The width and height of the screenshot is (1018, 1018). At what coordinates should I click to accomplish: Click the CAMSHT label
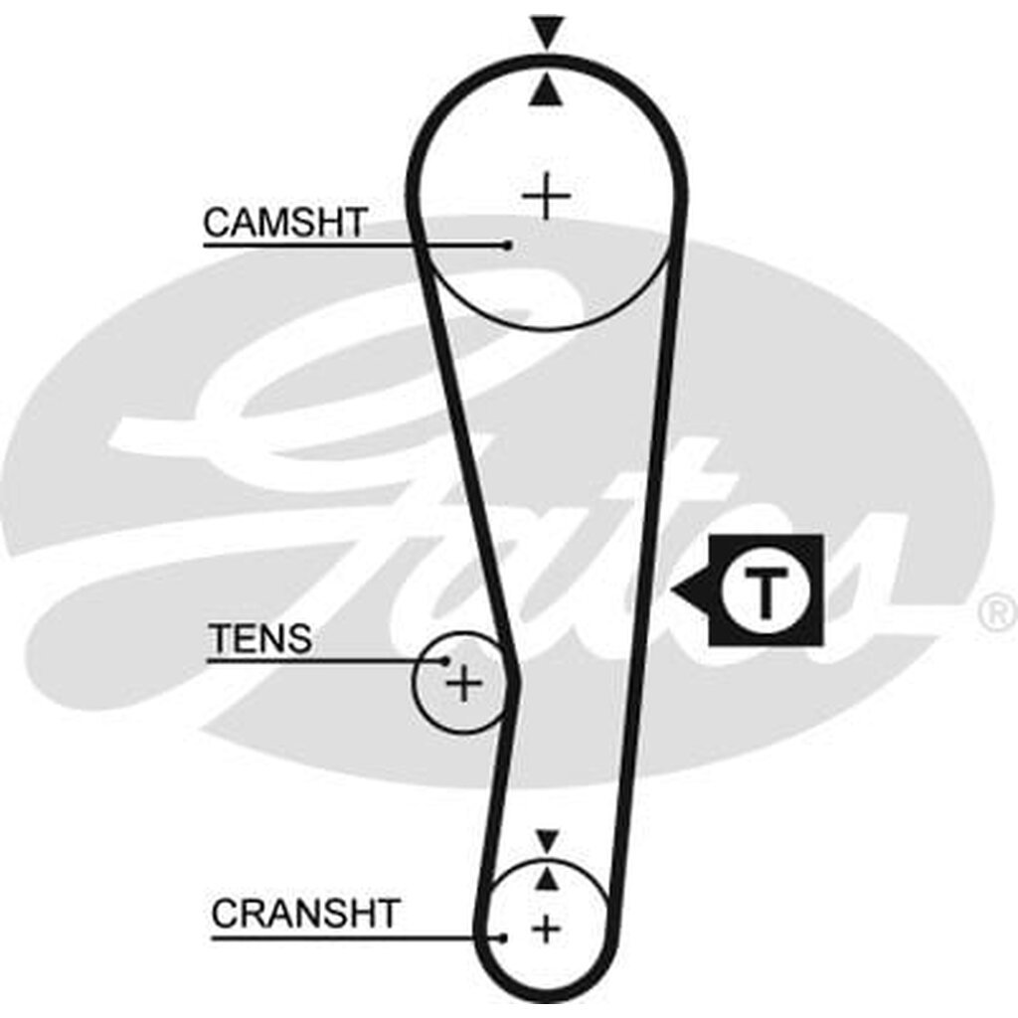coord(285,223)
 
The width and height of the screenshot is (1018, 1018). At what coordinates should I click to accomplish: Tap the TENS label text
coord(259,639)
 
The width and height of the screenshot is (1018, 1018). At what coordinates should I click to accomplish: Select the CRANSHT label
coord(305,913)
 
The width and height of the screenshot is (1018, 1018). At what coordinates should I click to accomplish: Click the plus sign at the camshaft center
coord(546,196)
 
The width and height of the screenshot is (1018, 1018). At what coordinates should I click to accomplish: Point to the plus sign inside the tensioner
coord(463,684)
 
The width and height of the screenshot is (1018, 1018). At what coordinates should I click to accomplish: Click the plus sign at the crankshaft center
coord(546,930)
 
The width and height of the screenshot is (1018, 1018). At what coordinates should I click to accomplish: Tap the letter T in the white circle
coord(764,592)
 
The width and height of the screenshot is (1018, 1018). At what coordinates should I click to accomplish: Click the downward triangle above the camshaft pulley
coord(546,31)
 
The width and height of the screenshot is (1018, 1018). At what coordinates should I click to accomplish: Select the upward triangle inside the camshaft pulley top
coord(546,92)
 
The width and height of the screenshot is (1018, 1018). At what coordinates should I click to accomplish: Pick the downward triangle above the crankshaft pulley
coord(546,841)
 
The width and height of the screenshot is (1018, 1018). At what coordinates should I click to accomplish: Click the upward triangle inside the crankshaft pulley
coord(546,878)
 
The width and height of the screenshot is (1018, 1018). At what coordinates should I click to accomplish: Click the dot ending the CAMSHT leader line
coord(509,244)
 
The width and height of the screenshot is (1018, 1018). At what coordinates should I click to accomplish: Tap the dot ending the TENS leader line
coord(446,659)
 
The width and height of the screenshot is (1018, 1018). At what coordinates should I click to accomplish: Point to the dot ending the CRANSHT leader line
coord(504,935)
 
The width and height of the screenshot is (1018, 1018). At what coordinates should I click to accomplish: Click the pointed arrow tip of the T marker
coord(676,592)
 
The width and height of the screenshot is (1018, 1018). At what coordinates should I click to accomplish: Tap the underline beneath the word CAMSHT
coord(298,243)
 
